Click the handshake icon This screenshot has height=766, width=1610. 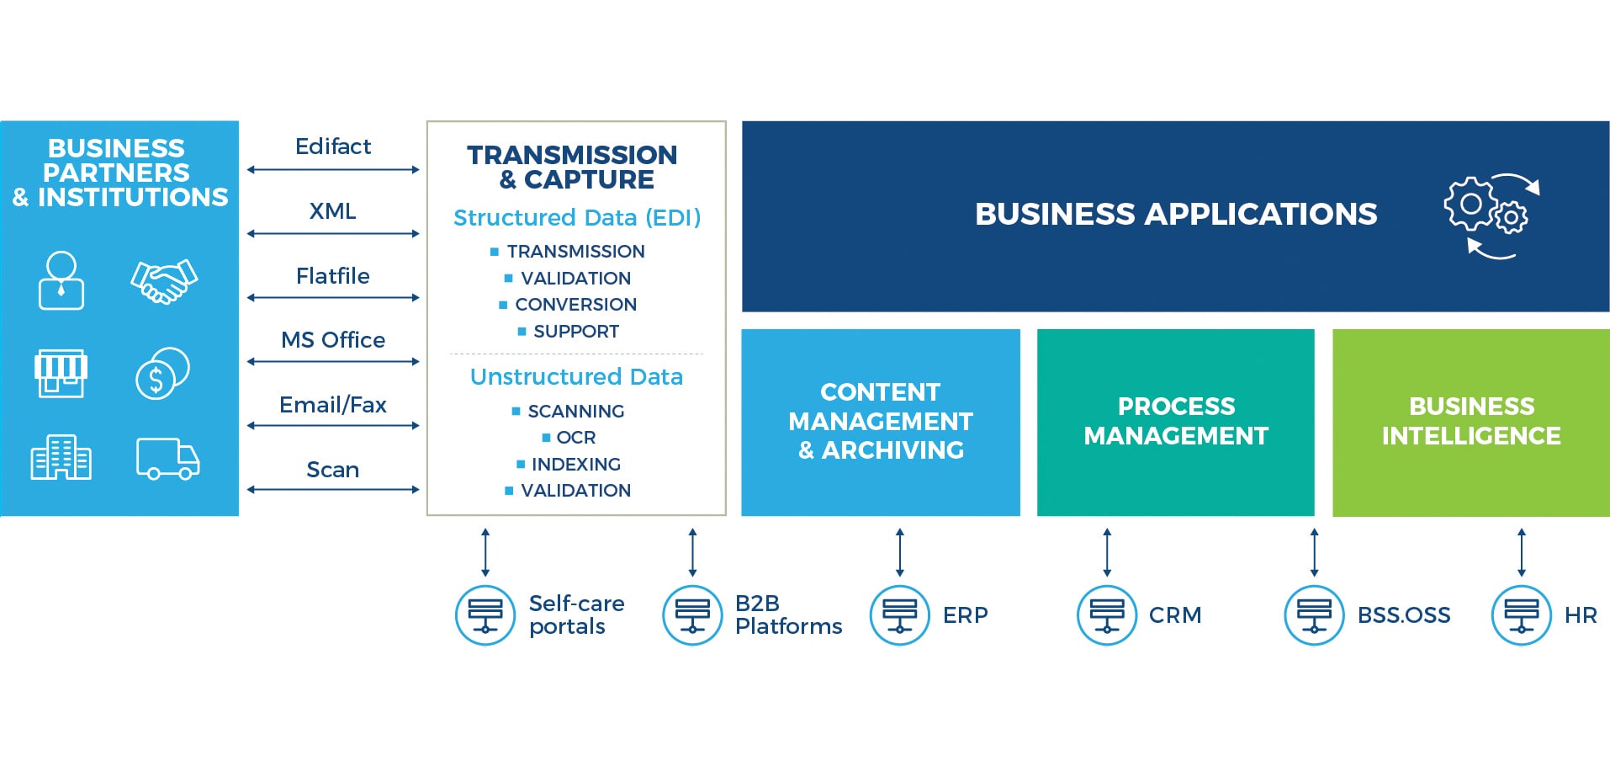click(x=164, y=281)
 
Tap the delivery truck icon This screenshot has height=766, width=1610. click(x=167, y=459)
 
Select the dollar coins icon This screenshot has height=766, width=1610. click(x=162, y=373)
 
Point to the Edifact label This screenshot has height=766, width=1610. click(x=332, y=146)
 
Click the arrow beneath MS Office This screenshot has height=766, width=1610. click(x=333, y=362)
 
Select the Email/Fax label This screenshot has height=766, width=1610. click(x=332, y=405)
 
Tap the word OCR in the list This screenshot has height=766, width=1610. click(x=575, y=438)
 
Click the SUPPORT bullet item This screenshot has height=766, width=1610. click(x=575, y=332)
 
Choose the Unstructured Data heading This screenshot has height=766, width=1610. click(x=576, y=377)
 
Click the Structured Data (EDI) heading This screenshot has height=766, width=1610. click(x=576, y=218)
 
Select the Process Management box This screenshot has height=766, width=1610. click(x=1175, y=422)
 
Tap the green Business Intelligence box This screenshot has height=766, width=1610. click(x=1470, y=422)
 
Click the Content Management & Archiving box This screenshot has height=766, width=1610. click(x=880, y=422)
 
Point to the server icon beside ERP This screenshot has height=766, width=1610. click(x=899, y=615)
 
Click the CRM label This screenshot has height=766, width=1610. click(x=1174, y=615)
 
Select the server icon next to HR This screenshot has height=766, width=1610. click(x=1521, y=615)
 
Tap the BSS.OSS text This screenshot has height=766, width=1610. click(x=1403, y=615)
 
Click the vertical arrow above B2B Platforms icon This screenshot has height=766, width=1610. click(x=692, y=552)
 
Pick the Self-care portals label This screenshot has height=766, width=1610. click(x=576, y=615)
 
